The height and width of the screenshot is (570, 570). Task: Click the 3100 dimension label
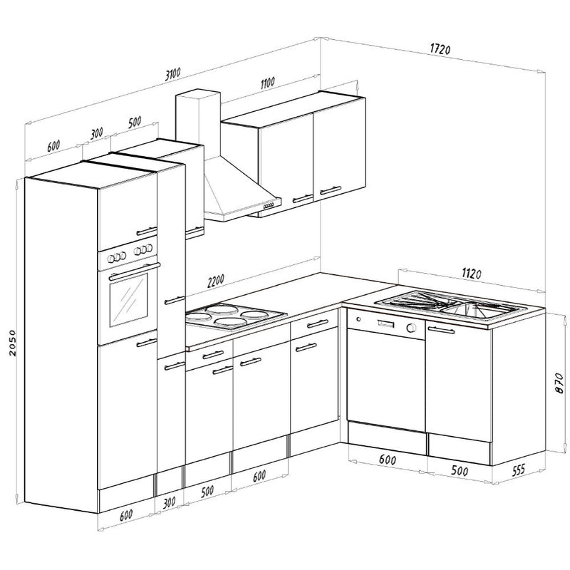[172, 74]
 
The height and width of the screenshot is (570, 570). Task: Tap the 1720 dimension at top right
[440, 48]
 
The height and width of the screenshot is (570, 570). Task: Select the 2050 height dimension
[12, 343]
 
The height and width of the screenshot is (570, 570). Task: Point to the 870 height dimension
[559, 383]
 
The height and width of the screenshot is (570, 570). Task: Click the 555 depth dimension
[518, 470]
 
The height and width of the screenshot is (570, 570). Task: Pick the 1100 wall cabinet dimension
[268, 83]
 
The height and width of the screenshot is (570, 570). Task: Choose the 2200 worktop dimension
[216, 281]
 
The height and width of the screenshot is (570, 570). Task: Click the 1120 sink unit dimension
[472, 273]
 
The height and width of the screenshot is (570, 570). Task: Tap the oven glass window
[129, 299]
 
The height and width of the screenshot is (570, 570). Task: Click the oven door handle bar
[134, 271]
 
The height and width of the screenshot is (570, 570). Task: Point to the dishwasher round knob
[411, 328]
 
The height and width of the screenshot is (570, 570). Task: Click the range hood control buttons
[269, 206]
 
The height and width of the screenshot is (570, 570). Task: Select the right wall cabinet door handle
[330, 190]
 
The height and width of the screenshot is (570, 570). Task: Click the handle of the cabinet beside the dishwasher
[441, 330]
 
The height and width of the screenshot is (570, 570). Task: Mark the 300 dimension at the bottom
[169, 503]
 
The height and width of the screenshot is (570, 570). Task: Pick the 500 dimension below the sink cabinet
[459, 470]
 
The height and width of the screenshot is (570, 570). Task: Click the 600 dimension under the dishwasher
[387, 460]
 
